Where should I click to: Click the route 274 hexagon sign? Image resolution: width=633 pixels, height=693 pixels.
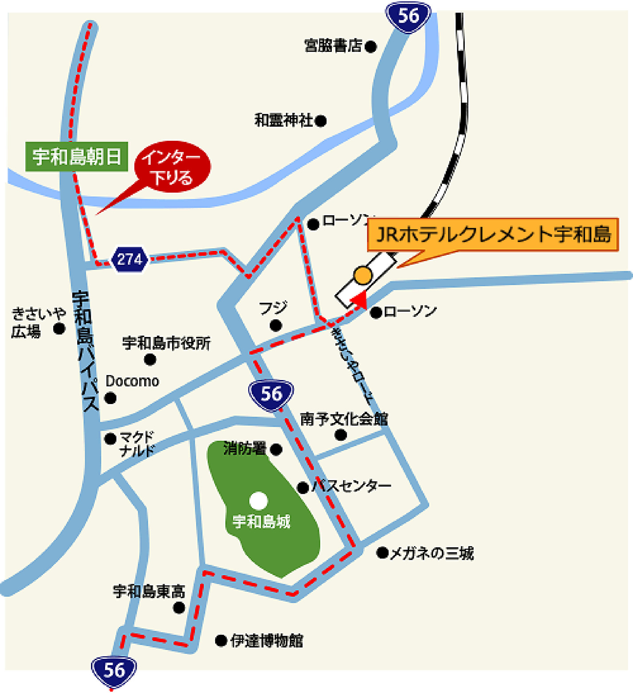[x=129, y=259]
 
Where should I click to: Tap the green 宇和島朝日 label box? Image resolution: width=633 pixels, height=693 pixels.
[x=77, y=157]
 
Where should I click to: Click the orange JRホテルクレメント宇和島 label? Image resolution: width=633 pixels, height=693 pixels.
[x=493, y=234]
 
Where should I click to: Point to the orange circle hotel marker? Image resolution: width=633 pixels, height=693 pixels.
[x=363, y=275]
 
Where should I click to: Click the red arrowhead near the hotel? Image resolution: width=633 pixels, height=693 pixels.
[x=361, y=300]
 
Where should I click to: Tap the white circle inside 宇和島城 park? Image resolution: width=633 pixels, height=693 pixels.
[x=259, y=501]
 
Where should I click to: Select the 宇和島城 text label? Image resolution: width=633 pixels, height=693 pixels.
[x=261, y=521]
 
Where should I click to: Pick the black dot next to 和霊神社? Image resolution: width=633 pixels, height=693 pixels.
[x=320, y=121]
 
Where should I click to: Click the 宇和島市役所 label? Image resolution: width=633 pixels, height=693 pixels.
[x=166, y=343]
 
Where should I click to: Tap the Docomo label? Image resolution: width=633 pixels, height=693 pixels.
[x=132, y=381]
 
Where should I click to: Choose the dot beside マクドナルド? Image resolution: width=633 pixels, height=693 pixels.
[x=110, y=439]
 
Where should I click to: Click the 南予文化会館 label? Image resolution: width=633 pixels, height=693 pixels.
[x=344, y=419]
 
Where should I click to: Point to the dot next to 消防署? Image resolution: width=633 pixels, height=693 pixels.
[x=276, y=450]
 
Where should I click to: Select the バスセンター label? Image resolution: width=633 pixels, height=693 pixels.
[x=351, y=486]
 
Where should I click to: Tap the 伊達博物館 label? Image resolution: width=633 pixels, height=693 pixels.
[x=267, y=641]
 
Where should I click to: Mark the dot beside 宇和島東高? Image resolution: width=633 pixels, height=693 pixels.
[x=179, y=608]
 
